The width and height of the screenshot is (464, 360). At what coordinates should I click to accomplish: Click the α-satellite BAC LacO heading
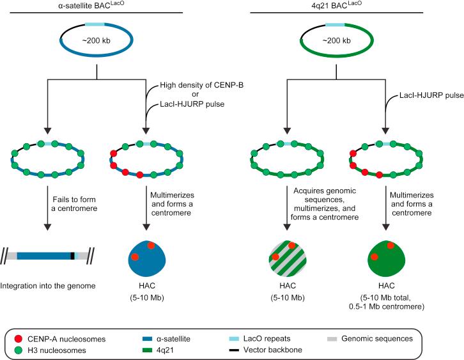(x=95, y=6)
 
